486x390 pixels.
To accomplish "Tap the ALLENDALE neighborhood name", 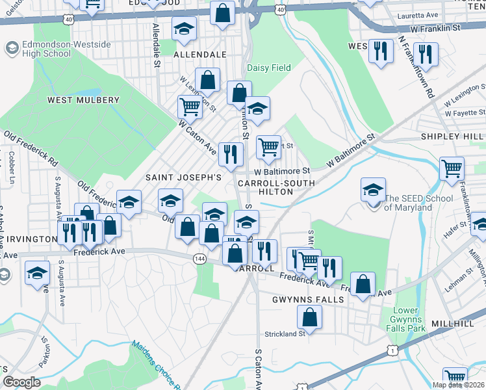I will (x=199, y=55).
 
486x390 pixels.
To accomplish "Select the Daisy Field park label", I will (x=268, y=68).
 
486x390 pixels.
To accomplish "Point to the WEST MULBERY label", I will (x=83, y=100).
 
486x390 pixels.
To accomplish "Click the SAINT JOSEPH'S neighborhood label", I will (x=184, y=177).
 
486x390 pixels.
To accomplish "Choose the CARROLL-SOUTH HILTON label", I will (x=277, y=188).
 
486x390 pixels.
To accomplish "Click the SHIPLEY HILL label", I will (x=452, y=136).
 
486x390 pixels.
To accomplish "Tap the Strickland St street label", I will (x=285, y=334).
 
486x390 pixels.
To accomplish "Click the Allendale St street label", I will (x=156, y=47).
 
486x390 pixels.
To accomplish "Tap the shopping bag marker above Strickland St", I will (x=310, y=317).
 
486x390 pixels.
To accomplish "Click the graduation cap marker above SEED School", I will (x=373, y=189).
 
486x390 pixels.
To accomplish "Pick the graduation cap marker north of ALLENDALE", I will (x=184, y=28).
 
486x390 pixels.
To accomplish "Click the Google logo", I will (x=21, y=383).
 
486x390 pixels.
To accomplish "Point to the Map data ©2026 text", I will (x=459, y=385).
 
